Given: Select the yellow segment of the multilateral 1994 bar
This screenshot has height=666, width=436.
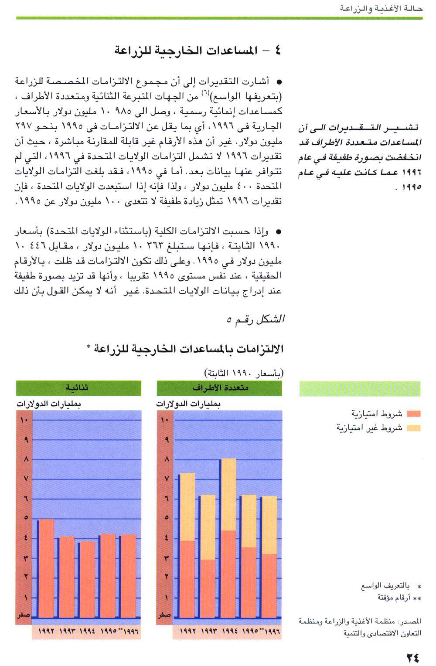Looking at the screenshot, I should pyautogui.click(x=228, y=494).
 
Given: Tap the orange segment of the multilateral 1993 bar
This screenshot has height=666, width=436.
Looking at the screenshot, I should pyautogui.click(x=208, y=588).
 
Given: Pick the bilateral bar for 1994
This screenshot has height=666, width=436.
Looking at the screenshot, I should pyautogui.click(x=87, y=580).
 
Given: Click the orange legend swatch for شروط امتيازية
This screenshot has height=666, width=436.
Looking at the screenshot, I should pyautogui.click(x=413, y=414).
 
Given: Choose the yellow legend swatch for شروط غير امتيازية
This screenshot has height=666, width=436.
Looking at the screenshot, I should pyautogui.click(x=413, y=428).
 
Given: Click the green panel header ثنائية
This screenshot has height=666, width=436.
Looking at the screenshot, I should pyautogui.click(x=78, y=388).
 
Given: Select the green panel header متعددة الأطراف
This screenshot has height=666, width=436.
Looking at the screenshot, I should pyautogui.click(x=219, y=388).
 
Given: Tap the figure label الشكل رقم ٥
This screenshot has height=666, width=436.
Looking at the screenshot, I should pyautogui.click(x=255, y=320).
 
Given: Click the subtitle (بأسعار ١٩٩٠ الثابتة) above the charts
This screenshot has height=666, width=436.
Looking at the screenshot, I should pyautogui.click(x=244, y=374).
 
